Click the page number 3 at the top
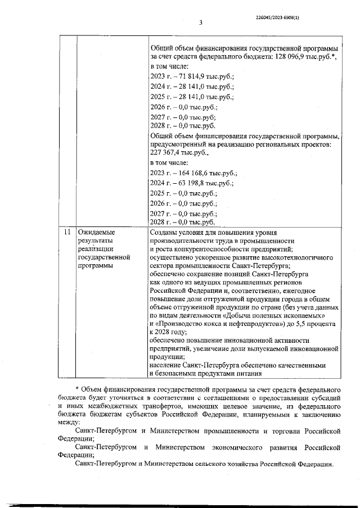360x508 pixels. [x=200, y=22]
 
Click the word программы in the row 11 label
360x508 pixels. [x=96, y=265]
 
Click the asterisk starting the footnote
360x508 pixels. [x=76, y=389]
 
